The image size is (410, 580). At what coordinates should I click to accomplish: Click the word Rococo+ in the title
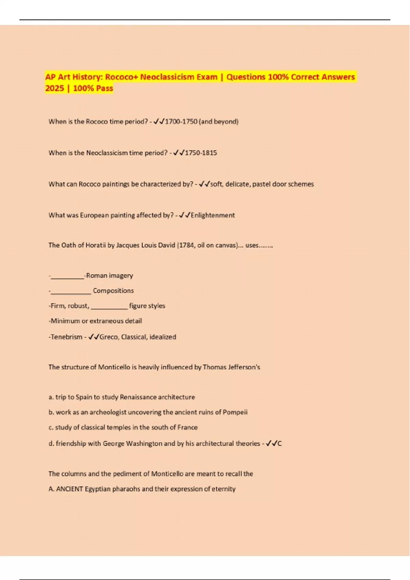tap(121, 77)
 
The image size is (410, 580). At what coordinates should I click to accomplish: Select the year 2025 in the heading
tap(55, 88)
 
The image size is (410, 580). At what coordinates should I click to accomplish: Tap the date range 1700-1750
tap(181, 122)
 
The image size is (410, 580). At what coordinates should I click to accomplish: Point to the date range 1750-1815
tap(201, 153)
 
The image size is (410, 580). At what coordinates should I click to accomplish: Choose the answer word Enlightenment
tap(213, 215)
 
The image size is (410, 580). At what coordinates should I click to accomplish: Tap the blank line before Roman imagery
tap(67, 277)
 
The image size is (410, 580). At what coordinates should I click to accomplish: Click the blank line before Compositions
tap(71, 292)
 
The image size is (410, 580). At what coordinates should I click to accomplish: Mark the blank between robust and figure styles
tap(109, 307)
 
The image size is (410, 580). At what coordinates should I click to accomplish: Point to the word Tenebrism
tap(67, 337)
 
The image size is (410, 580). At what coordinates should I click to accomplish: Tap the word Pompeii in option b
tap(235, 412)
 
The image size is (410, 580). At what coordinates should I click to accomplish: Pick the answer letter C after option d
tap(279, 444)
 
